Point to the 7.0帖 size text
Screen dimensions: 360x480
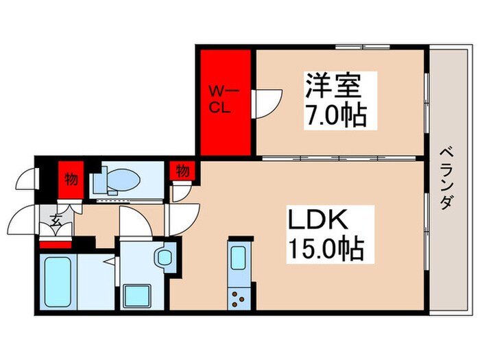pos(333,114)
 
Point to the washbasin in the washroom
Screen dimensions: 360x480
pos(164,256)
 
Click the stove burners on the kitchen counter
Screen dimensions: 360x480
pos(239,298)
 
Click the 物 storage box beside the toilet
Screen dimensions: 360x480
pos(71,179)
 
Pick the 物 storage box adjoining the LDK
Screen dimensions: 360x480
pos(182,171)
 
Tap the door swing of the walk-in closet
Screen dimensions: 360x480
pos(266,103)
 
